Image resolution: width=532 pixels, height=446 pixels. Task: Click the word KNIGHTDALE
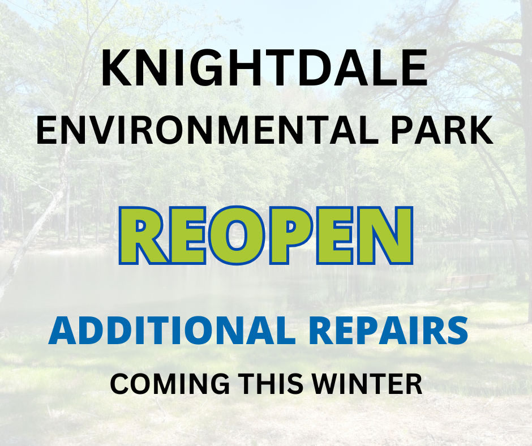tap(265, 69)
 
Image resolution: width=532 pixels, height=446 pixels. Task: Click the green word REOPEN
tap(266, 236)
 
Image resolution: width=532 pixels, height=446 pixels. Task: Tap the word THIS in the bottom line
tap(268, 384)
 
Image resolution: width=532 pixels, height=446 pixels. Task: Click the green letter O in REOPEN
tap(238, 236)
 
